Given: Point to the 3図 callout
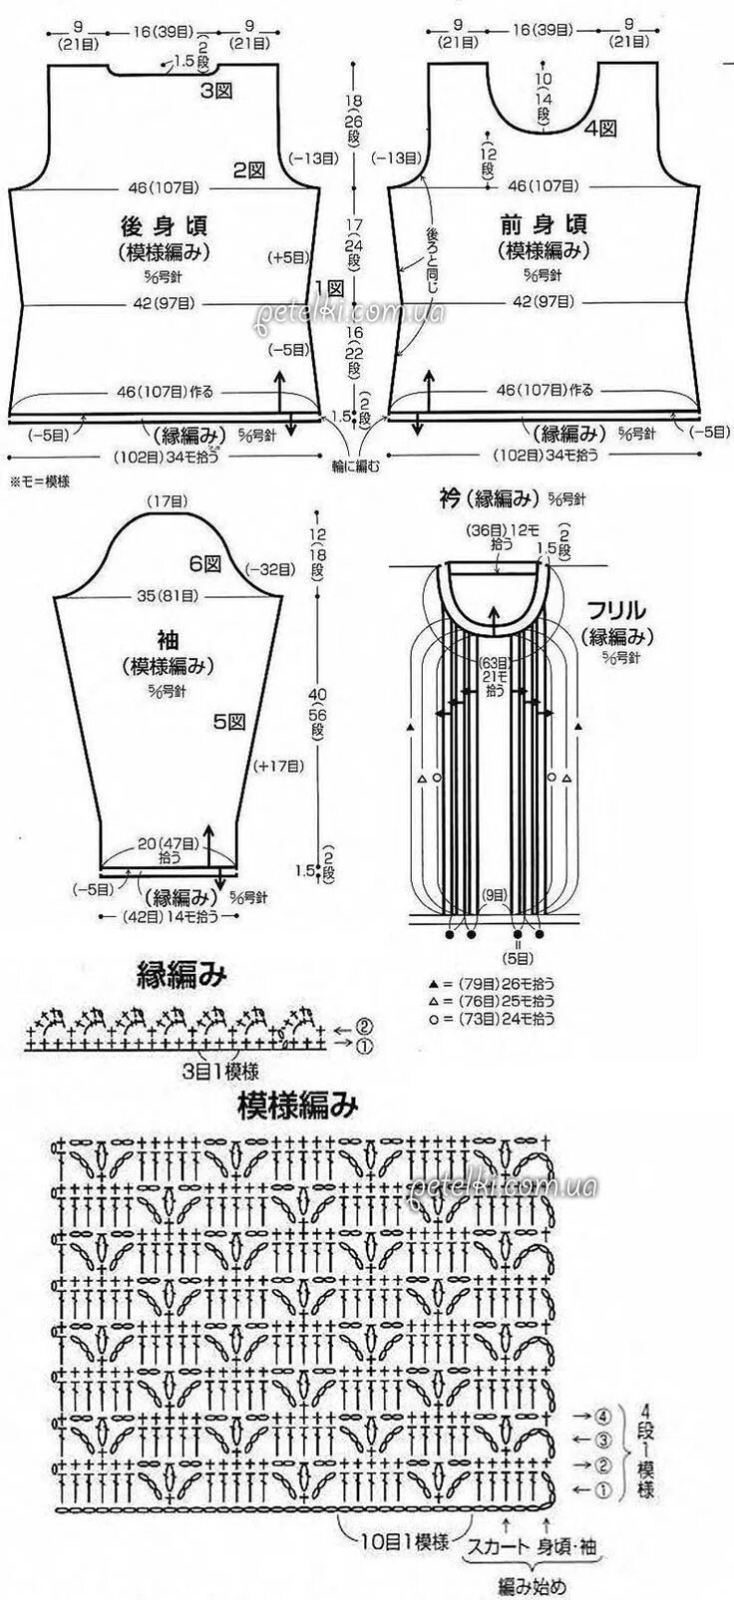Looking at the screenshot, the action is (216, 92).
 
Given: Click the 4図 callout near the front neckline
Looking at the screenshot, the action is (600, 128).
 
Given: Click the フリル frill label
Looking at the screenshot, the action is (617, 610).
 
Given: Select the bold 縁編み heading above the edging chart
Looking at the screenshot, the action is (182, 975).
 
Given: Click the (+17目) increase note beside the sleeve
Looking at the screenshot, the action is (279, 766).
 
